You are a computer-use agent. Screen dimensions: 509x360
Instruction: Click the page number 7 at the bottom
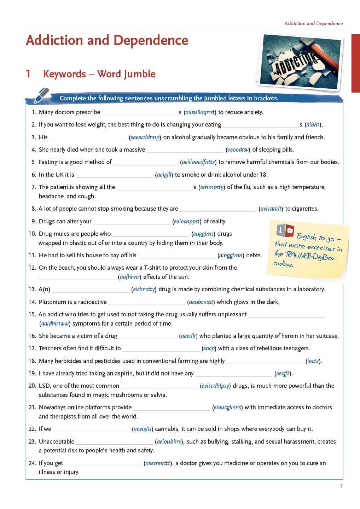coord(341,486)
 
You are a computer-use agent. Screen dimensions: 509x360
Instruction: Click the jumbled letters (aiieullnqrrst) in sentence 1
coord(200,112)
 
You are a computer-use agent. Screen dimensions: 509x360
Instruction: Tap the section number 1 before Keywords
coord(28,74)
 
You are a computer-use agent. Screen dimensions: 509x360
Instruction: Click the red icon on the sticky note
coord(289,231)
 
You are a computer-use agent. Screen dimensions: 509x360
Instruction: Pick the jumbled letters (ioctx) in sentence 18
coord(313,361)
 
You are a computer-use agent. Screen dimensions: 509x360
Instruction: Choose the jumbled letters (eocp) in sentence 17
coord(209,349)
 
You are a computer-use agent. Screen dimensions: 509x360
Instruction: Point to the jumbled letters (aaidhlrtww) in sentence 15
coord(55,324)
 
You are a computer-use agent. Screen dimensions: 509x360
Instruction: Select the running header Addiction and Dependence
coord(313,23)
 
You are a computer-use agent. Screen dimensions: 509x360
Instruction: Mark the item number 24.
coord(33,463)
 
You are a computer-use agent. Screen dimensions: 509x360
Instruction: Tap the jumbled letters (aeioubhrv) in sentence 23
coord(169,442)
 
